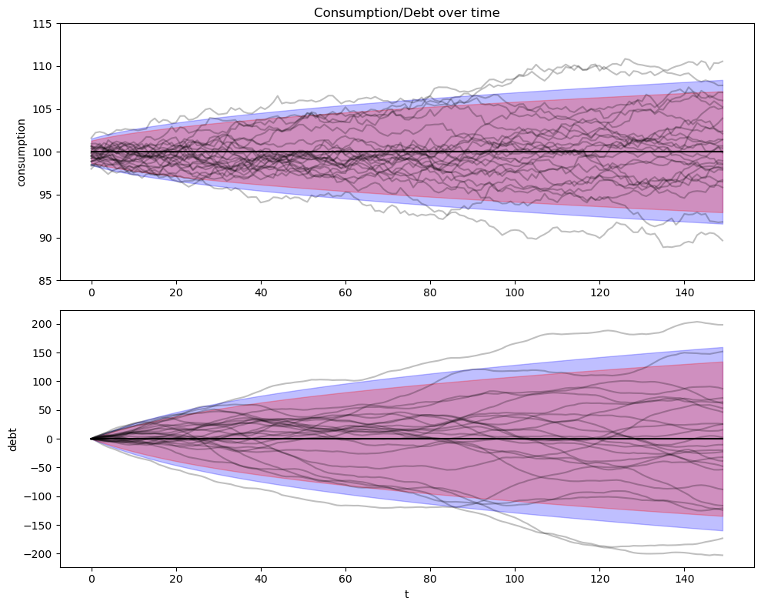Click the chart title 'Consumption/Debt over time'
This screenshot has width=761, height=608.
407,12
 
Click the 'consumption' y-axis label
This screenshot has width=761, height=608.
22,152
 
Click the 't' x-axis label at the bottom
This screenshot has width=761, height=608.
407,594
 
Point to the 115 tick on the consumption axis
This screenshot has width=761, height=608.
43,24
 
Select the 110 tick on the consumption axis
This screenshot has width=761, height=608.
43,66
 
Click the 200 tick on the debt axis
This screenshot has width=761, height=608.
43,324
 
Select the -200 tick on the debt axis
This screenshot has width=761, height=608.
40,554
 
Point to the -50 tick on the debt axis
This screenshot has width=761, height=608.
43,468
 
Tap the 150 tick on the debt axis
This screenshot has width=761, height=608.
43,352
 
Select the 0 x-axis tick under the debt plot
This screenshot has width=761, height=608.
92,578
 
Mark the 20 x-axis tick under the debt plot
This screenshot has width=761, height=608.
176,578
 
